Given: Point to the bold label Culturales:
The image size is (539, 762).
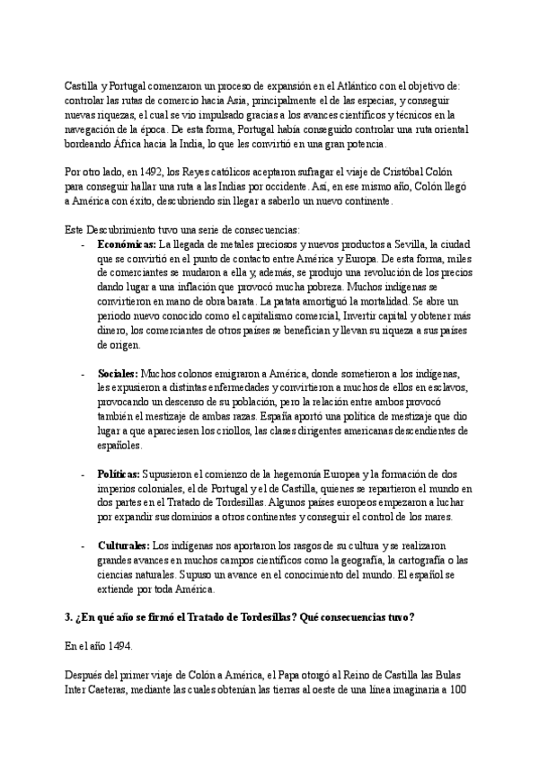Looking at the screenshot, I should point(124,545).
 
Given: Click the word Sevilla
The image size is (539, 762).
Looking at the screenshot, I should point(408,244).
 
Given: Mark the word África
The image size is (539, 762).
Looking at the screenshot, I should point(123,144).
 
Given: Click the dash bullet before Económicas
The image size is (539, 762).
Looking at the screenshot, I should point(83,244).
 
